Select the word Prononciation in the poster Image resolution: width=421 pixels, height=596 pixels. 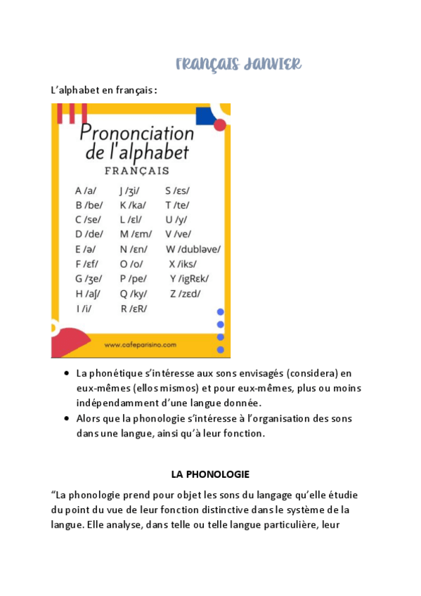coord(136,131)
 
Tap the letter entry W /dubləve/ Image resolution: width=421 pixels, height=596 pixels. coord(193,249)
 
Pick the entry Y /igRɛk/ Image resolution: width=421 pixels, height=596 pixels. coord(189,278)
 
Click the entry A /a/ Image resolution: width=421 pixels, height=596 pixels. coord(86,190)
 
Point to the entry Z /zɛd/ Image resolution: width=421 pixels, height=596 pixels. coord(185,293)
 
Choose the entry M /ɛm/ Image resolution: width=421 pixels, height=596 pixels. coord(136,234)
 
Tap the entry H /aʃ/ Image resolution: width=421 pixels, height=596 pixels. coord(88,293)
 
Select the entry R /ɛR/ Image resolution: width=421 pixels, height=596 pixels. coord(133,308)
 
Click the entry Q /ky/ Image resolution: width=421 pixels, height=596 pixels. coord(134,293)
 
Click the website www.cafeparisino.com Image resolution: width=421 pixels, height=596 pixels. coord(140,345)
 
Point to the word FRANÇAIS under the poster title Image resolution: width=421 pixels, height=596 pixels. coord(136,171)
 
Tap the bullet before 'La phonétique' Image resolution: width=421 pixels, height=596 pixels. coord(66,373)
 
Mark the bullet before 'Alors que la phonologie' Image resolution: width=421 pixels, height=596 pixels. coord(66,419)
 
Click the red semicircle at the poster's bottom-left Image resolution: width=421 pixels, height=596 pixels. coord(70,344)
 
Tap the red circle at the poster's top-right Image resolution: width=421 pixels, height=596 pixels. coord(220,125)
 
